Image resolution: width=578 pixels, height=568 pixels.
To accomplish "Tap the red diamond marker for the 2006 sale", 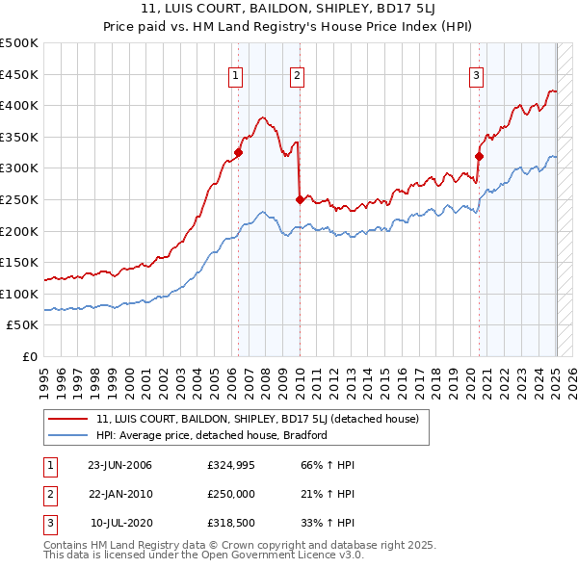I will [238, 152].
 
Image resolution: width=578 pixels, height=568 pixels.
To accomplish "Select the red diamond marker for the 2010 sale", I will [300, 199].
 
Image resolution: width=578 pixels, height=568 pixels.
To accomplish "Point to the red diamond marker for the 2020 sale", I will [479, 156].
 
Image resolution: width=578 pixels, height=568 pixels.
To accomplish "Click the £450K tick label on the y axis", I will [19, 74].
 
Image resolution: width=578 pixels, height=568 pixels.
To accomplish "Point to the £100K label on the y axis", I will [19, 294].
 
